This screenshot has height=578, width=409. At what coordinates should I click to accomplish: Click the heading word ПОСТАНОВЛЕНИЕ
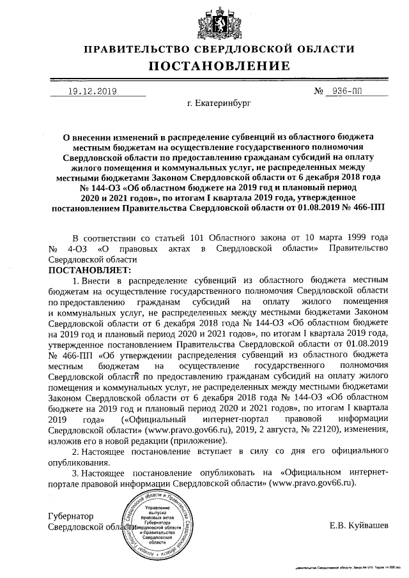click(219, 66)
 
